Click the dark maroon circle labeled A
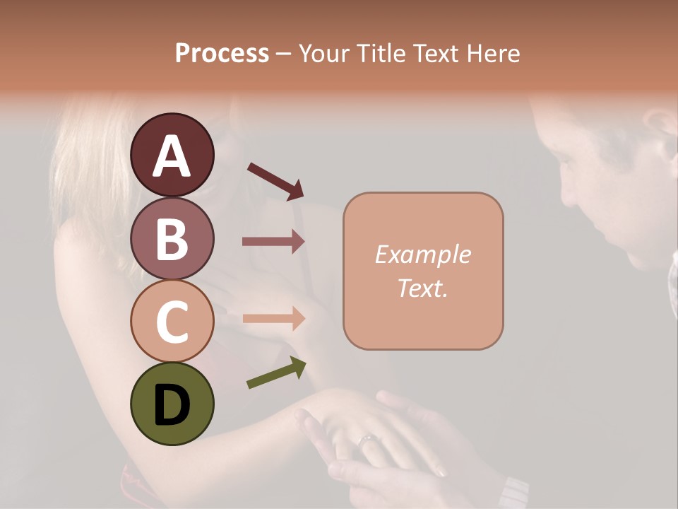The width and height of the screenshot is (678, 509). tap(172, 155)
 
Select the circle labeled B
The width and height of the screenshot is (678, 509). tap(172, 238)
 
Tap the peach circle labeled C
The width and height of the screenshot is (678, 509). tap(172, 321)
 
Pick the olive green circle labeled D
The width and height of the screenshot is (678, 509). tap(172, 404)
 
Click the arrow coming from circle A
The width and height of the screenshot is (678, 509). tap(275, 181)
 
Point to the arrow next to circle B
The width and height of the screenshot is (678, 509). tap(273, 242)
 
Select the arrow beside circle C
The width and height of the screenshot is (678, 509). tap(273, 318)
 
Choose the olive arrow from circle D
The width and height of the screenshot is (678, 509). tap(276, 373)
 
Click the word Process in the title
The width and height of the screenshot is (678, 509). tap(222, 54)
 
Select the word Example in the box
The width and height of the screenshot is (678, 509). tap(423, 255)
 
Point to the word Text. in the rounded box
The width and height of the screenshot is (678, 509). tap(423, 288)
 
